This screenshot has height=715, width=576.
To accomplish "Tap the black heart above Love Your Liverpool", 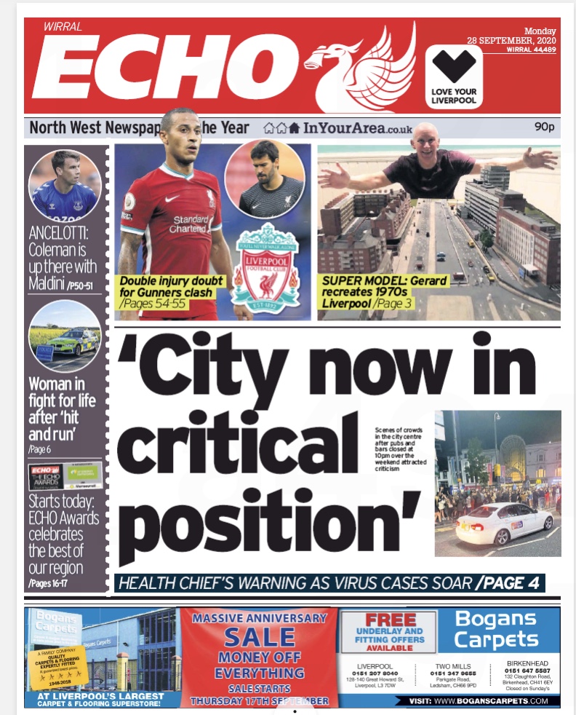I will (x=453, y=67).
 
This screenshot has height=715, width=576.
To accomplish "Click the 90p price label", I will (x=544, y=127).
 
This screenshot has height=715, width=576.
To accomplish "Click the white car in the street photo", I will (x=505, y=522).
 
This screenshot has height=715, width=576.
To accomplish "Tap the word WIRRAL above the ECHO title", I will (x=63, y=28).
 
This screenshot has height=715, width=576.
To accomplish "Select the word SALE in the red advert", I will (x=260, y=638).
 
